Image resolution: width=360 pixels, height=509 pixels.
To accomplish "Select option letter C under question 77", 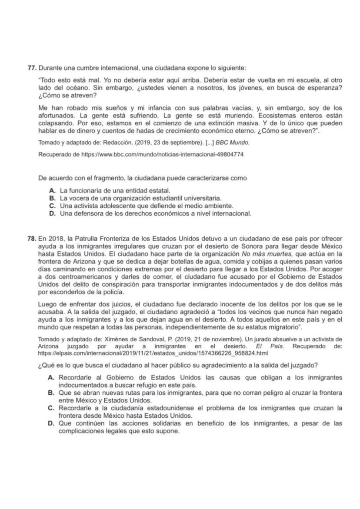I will [x=52, y=206].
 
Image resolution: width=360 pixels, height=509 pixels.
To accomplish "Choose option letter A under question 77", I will [x=52, y=191].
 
